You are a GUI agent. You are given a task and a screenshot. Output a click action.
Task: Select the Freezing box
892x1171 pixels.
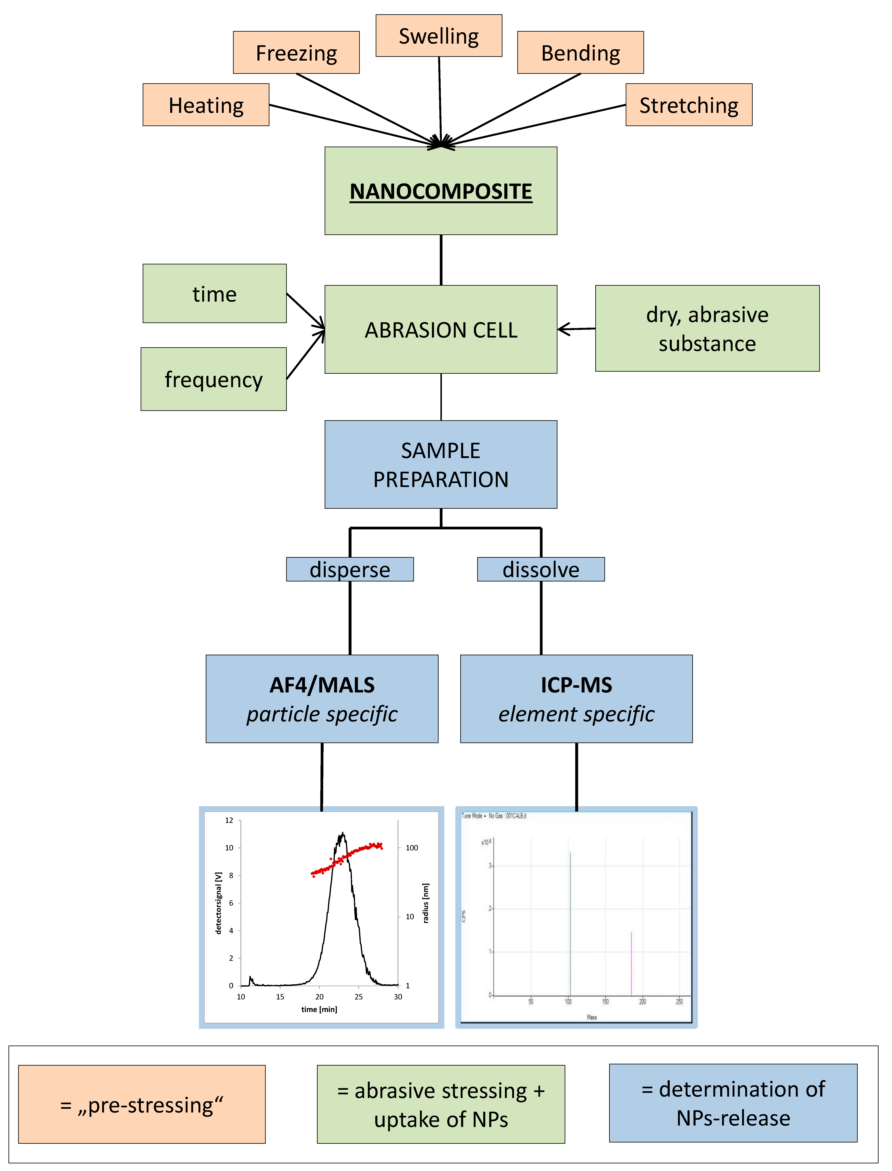coord(296,53)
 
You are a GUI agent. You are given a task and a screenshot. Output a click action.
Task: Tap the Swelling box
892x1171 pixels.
coord(439,36)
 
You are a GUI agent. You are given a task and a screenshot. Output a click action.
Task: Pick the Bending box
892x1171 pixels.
coord(580,53)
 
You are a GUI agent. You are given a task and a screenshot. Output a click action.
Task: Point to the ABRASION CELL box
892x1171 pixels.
coord(441,330)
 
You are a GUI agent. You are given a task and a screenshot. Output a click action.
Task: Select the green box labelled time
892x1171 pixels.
coord(214,294)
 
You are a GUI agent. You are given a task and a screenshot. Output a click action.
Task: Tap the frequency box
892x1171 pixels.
coord(213,379)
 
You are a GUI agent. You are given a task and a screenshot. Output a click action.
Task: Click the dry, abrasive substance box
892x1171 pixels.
coord(707,329)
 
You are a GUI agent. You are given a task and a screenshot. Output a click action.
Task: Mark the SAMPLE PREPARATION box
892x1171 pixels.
coord(441,464)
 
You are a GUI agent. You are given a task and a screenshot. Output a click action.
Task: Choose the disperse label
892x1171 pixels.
coord(350,569)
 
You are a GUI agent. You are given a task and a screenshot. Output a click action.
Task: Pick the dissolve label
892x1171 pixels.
coord(541,569)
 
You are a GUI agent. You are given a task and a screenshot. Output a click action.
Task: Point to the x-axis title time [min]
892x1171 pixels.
coord(319,1009)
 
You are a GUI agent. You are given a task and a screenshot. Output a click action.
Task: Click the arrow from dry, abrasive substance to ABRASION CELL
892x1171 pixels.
coord(576,329)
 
